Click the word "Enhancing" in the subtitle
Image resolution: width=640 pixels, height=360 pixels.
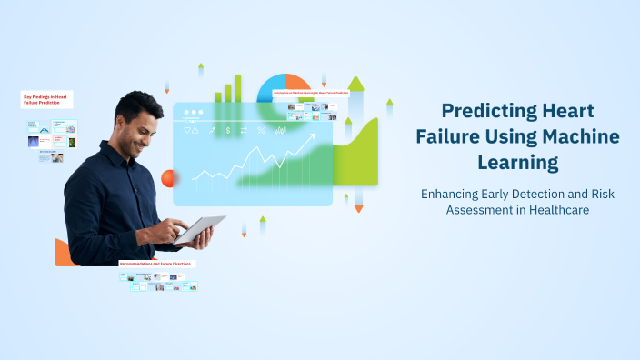click(451, 193)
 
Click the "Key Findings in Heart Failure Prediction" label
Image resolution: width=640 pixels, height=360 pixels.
click(47, 97)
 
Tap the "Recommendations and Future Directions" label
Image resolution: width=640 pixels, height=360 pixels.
click(156, 264)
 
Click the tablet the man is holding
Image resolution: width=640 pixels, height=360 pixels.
click(202, 229)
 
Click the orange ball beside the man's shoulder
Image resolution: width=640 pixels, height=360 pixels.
click(167, 177)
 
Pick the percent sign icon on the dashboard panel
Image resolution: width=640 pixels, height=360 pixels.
click(262, 131)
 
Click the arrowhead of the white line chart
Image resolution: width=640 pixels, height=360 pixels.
click(312, 137)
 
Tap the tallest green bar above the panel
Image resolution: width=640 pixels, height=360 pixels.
click(238, 88)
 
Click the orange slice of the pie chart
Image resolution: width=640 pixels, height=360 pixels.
click(297, 85)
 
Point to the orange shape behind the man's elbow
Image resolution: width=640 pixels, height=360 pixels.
click(63, 253)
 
